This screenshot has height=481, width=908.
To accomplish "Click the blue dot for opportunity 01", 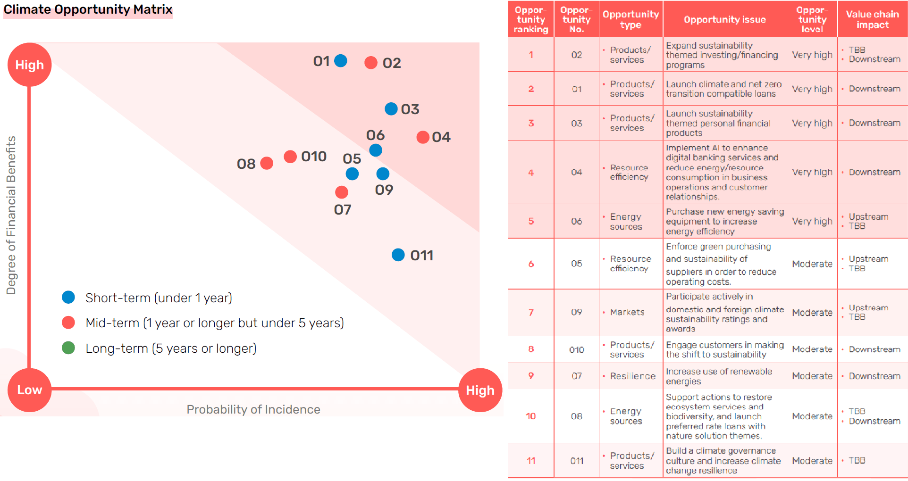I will (x=341, y=61).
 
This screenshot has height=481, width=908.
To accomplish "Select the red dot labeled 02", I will (x=371, y=63).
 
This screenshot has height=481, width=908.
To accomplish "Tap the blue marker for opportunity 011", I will (x=398, y=255).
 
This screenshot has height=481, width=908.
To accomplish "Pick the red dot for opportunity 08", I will (x=267, y=163).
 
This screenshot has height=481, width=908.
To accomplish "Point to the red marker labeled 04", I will (x=423, y=137).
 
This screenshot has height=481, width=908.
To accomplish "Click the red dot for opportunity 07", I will (x=342, y=192).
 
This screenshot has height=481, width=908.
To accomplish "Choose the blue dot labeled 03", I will (x=391, y=109).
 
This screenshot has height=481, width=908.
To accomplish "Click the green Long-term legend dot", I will (x=68, y=348).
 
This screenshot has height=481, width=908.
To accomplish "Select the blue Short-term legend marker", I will (x=68, y=297).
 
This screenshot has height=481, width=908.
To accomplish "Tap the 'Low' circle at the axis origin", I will (x=29, y=390).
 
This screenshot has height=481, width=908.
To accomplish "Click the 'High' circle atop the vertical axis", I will (x=29, y=65).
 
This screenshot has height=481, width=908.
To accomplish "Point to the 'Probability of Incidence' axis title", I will (x=253, y=409).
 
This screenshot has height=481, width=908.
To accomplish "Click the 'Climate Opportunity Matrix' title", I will (x=88, y=9).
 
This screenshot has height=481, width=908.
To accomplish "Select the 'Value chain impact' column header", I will (x=872, y=19).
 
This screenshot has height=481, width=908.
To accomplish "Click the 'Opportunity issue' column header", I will (x=725, y=19).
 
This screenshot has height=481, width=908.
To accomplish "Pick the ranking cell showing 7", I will (x=531, y=312).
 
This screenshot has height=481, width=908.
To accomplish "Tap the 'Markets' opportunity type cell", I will (x=627, y=312).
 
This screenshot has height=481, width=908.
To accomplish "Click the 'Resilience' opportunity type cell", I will (x=632, y=376).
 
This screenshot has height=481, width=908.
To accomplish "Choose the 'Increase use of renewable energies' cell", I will (x=719, y=376).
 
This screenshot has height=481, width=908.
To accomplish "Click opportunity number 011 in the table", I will (x=577, y=461).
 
